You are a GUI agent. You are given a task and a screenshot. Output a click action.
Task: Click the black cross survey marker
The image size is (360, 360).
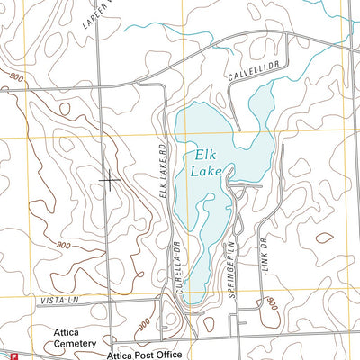[110, 180]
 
